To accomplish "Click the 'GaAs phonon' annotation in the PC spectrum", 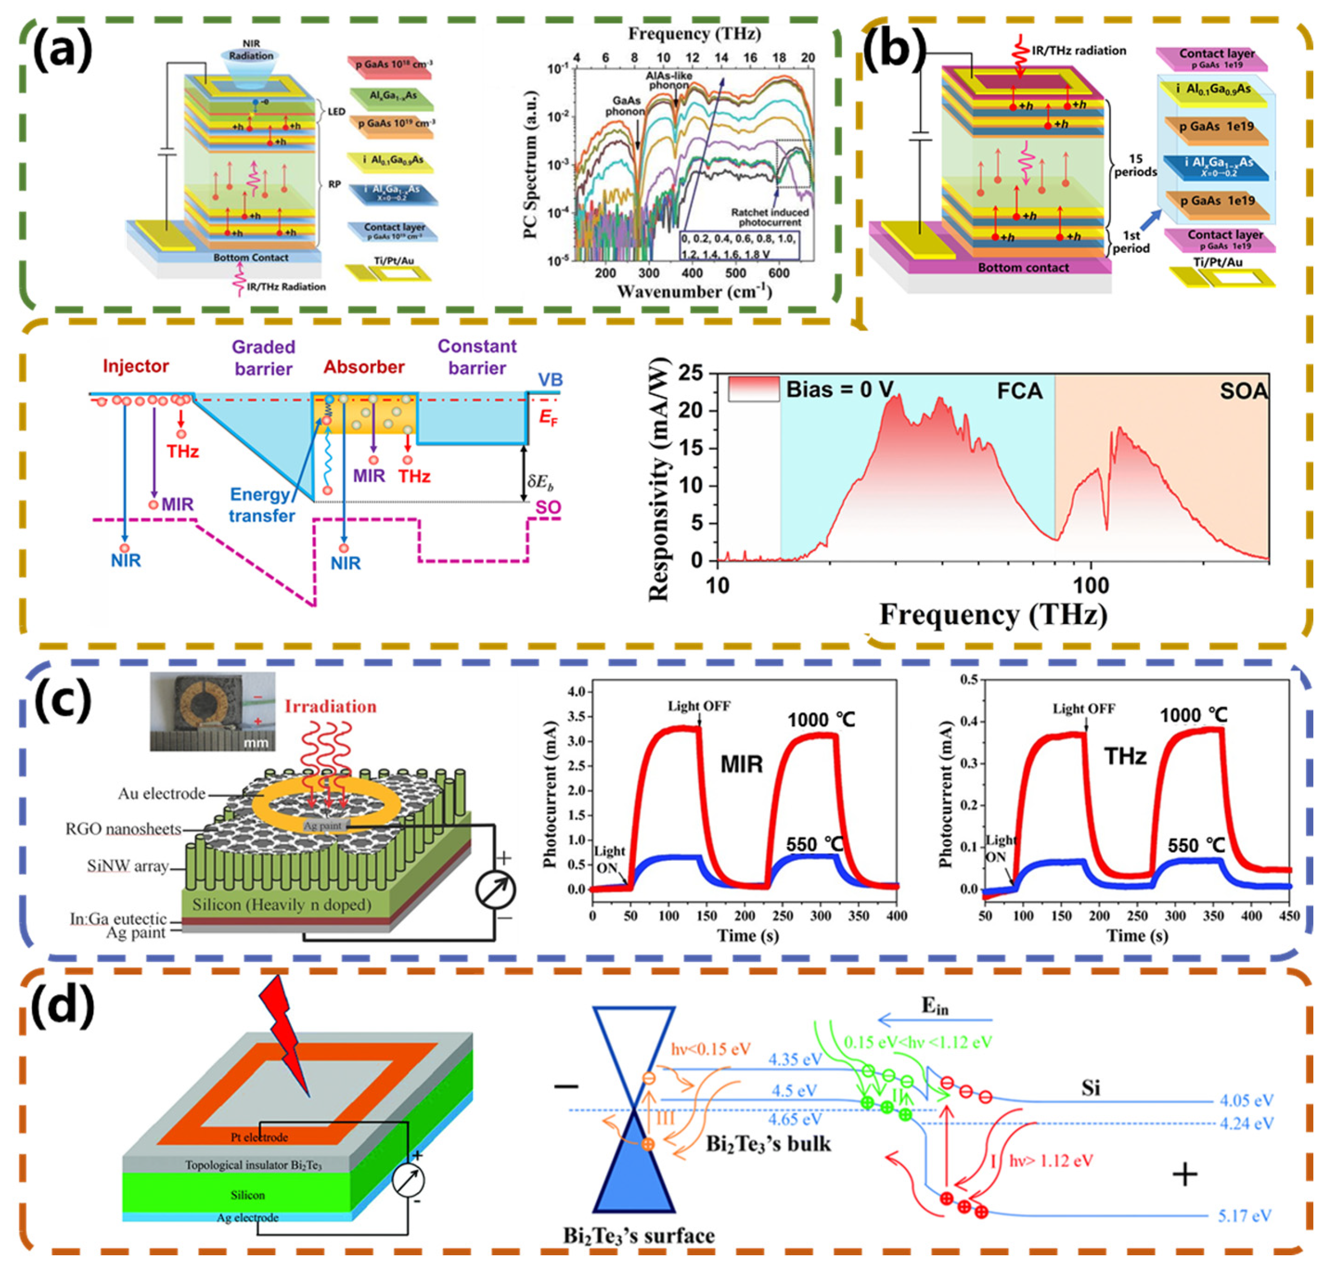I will (x=624, y=106).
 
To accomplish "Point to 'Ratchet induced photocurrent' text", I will (x=769, y=217).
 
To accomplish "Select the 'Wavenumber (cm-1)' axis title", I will (x=694, y=292).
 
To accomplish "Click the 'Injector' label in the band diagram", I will (x=136, y=366).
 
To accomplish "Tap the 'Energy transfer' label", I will (x=262, y=505).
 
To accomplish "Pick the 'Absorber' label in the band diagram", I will (x=364, y=367).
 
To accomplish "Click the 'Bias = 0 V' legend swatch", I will (x=753, y=389).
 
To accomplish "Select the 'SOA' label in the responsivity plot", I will (x=1243, y=391).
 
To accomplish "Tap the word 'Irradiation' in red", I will (x=330, y=707).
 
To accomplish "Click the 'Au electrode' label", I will (x=162, y=793).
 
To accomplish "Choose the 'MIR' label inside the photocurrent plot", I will (x=741, y=765).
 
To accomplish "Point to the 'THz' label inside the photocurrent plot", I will (x=1125, y=756).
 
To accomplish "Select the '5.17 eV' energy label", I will (x=1244, y=1215).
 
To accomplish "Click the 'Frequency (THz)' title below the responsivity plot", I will (x=993, y=615).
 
